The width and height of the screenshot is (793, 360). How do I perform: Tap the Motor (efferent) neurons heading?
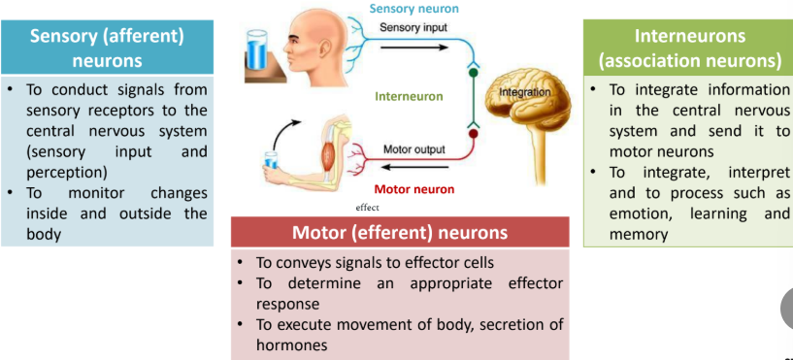pos(400,233)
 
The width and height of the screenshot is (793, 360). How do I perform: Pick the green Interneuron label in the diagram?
pos(409,96)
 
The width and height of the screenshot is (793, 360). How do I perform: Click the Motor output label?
pos(414,149)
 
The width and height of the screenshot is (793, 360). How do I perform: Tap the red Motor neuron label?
pos(414,189)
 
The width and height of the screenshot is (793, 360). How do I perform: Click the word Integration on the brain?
pos(524,92)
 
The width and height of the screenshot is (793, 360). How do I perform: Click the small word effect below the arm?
pos(367,207)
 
